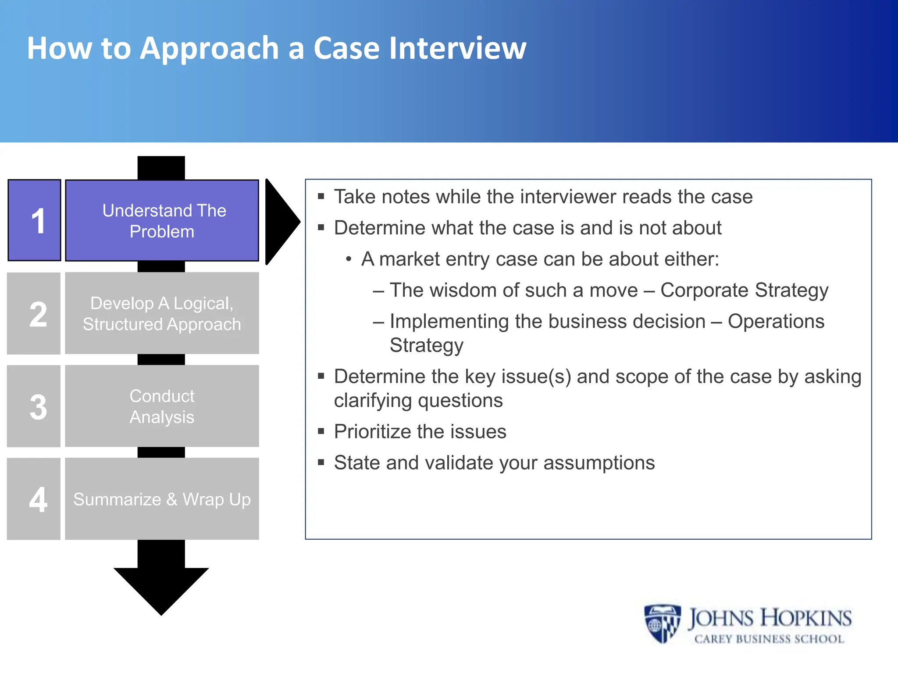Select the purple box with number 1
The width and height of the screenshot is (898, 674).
(34, 220)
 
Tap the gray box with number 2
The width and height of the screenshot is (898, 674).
(34, 313)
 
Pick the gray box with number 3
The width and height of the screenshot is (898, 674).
(34, 406)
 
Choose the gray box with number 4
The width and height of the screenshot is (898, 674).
(34, 499)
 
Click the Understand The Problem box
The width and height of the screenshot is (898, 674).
(162, 221)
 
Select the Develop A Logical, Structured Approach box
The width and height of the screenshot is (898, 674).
(162, 313)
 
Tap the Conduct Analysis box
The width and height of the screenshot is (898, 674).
(162, 406)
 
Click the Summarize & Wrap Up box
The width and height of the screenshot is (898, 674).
(162, 499)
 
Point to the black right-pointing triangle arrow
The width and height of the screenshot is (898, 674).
(281, 222)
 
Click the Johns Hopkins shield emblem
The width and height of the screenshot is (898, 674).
(662, 624)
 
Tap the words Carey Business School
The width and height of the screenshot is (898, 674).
(769, 639)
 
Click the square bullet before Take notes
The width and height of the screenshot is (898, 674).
(321, 197)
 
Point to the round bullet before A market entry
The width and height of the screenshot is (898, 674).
(349, 259)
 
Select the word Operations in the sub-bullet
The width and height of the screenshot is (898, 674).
(776, 322)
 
